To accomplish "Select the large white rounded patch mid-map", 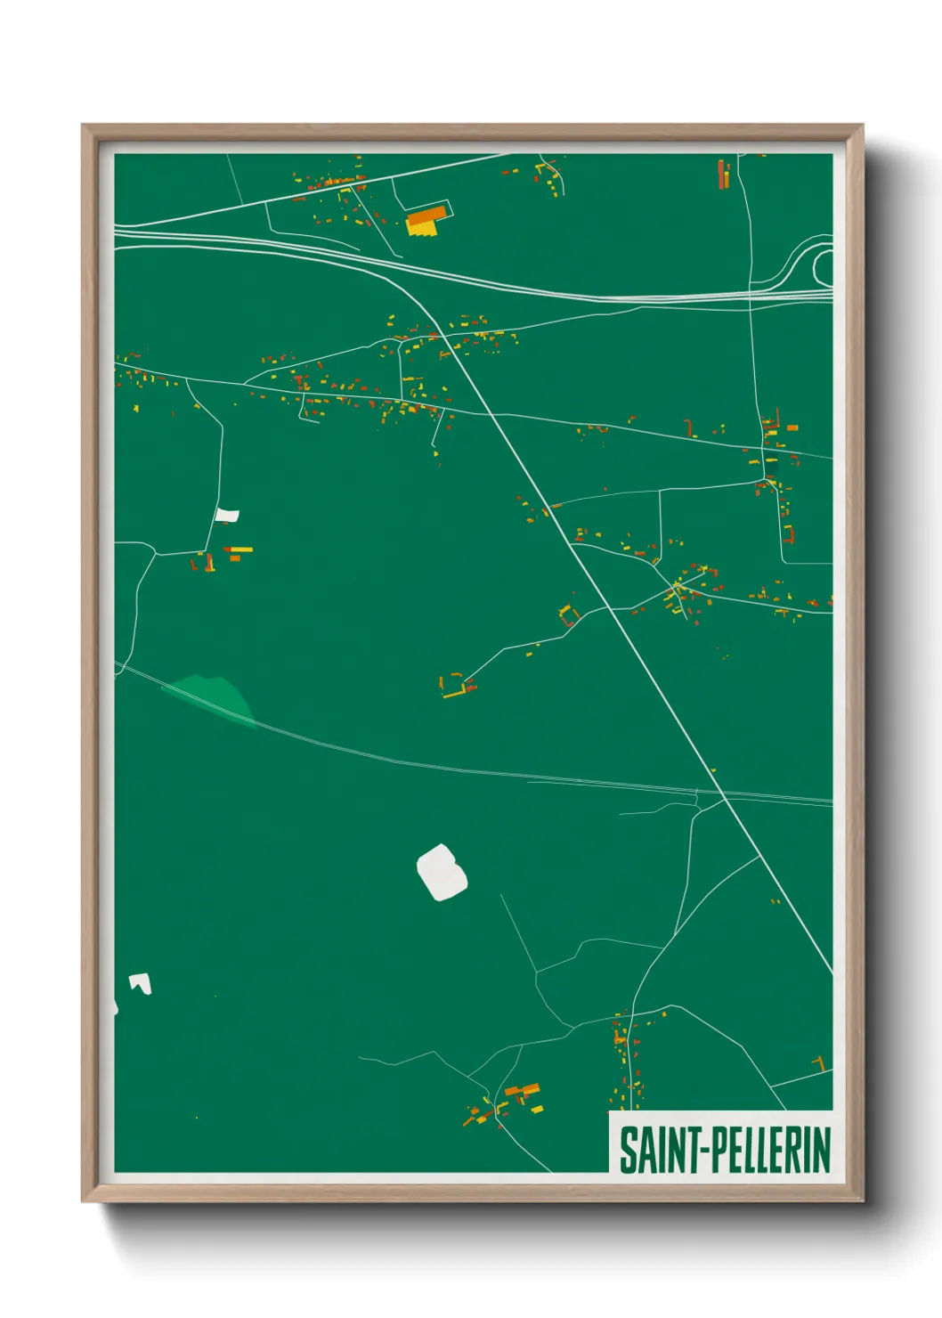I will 442,872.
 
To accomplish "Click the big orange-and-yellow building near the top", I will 426,220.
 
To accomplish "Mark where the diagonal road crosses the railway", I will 720,792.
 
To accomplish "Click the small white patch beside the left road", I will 227,515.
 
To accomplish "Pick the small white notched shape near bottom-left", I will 141,983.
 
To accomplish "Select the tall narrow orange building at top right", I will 724,174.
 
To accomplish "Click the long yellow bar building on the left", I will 239,549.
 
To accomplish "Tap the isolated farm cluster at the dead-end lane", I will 457,686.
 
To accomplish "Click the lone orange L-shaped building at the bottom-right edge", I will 820,1063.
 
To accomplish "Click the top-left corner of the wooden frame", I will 83,126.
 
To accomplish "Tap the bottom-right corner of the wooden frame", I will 862,1200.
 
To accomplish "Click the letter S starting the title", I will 627,1150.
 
